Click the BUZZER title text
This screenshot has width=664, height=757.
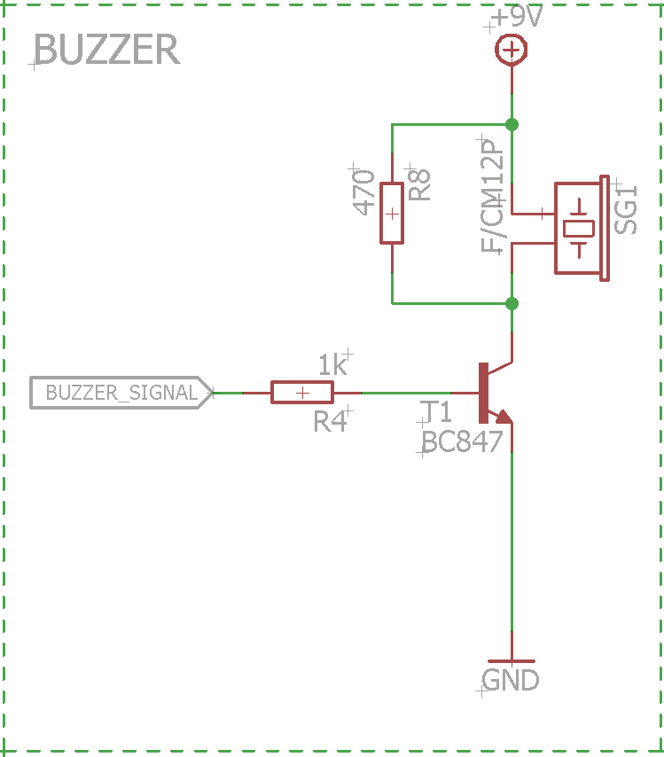(106, 50)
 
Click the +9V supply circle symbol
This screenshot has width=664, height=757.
(511, 50)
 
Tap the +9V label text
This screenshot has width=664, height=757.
(518, 17)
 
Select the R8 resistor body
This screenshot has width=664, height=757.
(392, 213)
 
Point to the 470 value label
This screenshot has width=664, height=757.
(363, 192)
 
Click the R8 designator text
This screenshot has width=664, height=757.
(418, 184)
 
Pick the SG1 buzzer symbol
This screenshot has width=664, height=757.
(582, 228)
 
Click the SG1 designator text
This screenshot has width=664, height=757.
(626, 210)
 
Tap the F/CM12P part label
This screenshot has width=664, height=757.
(492, 196)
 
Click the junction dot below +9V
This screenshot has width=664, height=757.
(512, 125)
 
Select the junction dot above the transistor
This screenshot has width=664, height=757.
(512, 304)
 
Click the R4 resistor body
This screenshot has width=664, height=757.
(302, 393)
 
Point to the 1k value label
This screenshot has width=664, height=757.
(332, 364)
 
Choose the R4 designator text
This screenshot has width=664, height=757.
(330, 421)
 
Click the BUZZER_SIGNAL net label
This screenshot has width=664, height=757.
(121, 393)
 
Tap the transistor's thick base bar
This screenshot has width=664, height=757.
(483, 393)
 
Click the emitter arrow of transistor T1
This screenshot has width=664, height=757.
(504, 417)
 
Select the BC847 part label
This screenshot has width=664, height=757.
(462, 441)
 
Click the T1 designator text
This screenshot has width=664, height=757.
(436, 412)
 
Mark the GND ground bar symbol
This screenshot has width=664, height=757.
(512, 661)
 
